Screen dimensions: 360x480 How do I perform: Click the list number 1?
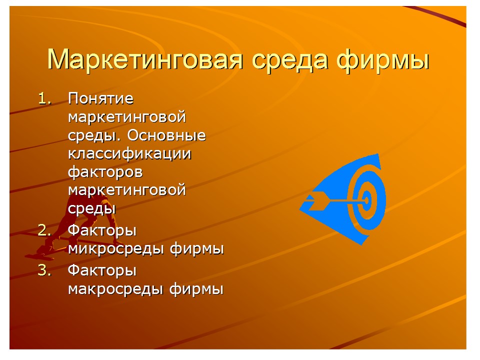click(x=45, y=98)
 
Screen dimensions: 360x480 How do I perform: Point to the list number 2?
click(x=45, y=230)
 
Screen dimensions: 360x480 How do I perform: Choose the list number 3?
click(x=45, y=270)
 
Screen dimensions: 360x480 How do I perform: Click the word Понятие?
click(x=101, y=99)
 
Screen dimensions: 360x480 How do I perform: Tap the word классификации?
click(x=129, y=153)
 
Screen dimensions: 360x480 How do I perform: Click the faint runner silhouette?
click(x=60, y=225)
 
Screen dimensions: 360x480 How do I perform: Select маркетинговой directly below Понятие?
click(x=127, y=117)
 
